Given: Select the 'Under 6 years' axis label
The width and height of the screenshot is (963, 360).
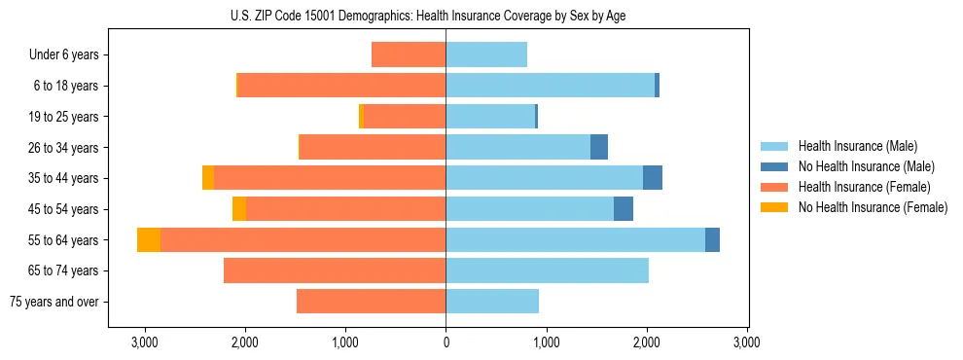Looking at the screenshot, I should click(64, 54).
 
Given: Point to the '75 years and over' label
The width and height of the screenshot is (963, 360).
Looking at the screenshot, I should click(54, 302).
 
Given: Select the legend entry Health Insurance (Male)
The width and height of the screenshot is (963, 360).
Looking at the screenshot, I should click(857, 146).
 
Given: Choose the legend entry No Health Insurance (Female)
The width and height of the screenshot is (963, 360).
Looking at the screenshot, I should click(873, 207).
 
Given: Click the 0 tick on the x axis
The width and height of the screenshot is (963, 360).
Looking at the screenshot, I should click(446, 342).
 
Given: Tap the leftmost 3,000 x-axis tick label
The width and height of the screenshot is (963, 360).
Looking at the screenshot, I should click(144, 342).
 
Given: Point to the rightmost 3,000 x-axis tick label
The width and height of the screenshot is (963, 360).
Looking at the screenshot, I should click(746, 342).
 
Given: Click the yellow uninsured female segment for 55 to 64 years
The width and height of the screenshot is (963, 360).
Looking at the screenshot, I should click(149, 239).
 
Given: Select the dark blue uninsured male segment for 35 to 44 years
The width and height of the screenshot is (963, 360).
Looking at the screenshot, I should click(653, 178).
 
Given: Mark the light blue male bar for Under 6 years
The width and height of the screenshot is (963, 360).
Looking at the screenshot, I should click(486, 54).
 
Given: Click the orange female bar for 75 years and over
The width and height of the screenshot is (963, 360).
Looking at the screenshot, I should click(371, 302).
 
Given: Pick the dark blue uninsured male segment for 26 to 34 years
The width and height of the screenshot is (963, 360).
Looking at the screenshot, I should click(599, 147).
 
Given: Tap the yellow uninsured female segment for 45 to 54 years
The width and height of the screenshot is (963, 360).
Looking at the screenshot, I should click(239, 209).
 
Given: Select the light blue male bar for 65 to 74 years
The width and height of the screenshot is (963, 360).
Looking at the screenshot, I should click(547, 270).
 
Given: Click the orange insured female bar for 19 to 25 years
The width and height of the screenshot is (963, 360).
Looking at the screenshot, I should click(404, 117).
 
